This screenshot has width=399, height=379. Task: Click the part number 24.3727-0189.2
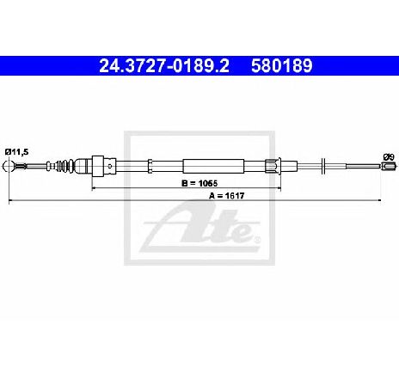click(164, 66)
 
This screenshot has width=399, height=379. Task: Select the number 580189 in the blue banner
click(282, 66)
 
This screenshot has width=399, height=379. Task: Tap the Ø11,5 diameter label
click(17, 152)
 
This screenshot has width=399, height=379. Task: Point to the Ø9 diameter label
click(389, 157)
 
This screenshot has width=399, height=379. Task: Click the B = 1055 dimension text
click(199, 183)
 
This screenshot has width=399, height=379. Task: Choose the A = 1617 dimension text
click(227, 196)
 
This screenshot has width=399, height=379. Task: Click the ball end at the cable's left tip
click(7, 166)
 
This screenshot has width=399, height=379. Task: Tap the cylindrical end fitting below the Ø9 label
click(389, 166)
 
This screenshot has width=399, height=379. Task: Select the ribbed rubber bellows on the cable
click(64, 166)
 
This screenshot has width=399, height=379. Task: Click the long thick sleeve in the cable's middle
click(213, 166)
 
